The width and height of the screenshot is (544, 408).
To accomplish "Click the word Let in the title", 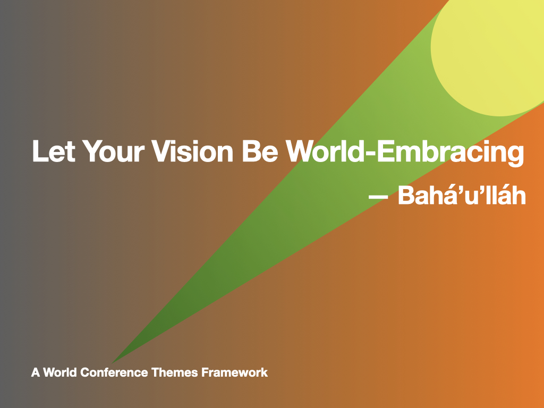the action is [54, 151].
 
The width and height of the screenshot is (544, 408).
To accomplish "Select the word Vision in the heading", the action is [193, 151].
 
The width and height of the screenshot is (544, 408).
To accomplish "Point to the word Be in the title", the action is [260, 151].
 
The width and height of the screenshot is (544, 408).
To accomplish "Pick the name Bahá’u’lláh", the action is [462, 195].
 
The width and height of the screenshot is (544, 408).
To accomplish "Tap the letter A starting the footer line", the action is [36, 372].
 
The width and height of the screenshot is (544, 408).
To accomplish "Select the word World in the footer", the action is [60, 372].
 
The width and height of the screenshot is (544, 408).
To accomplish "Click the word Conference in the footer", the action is [114, 372].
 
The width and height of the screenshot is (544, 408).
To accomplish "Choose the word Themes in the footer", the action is [175, 372].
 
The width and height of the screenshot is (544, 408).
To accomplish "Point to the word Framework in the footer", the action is [234, 372].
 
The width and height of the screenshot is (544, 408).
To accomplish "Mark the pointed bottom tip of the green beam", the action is [112, 363].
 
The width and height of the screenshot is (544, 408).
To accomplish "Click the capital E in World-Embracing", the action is [386, 151].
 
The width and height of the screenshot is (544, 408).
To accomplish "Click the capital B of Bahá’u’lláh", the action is [406, 195].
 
